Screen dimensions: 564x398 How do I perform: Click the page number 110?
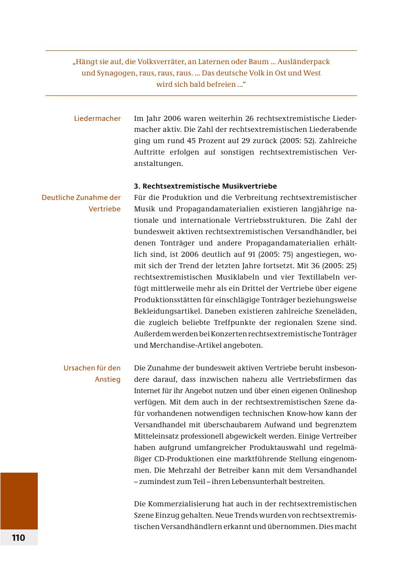click(x=19, y=538)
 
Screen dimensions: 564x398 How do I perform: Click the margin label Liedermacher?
click(x=97, y=119)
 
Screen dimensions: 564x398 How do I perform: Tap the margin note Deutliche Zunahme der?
click(x=81, y=198)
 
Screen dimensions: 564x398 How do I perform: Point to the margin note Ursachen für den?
click(x=92, y=368)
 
